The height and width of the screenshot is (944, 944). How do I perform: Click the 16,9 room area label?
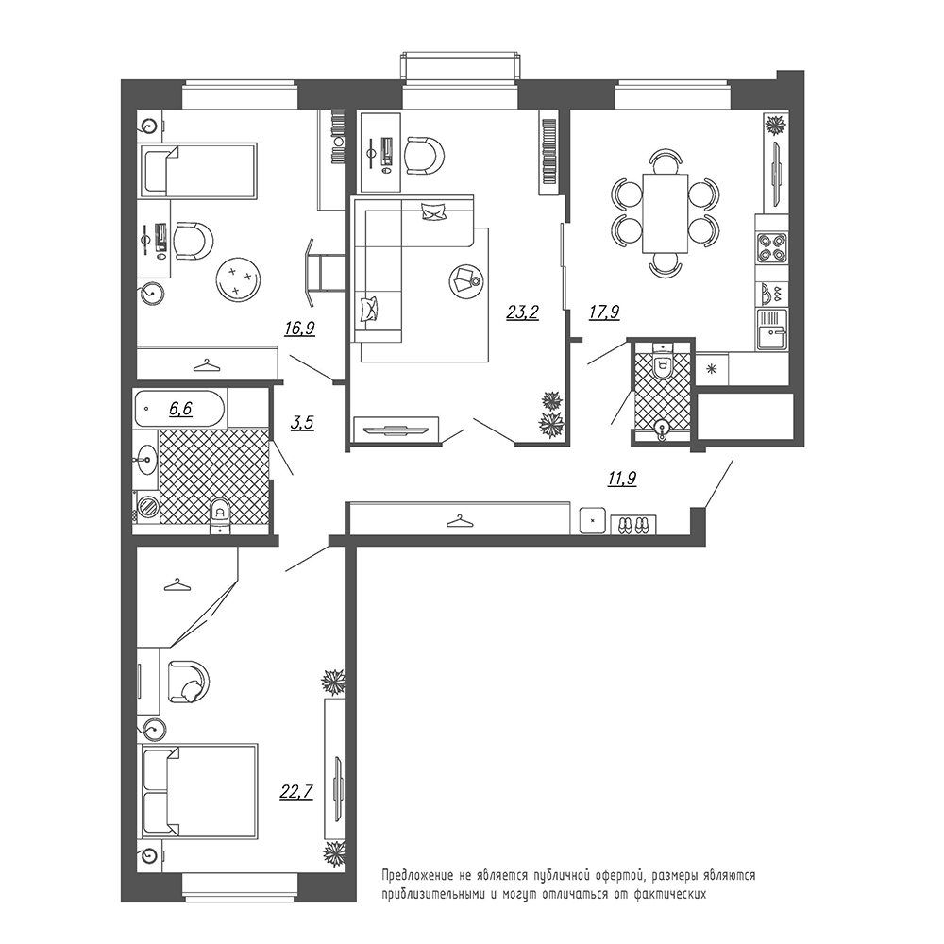point(300,329)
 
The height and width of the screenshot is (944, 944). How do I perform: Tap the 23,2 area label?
point(522,312)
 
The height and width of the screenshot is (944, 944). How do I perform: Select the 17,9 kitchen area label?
point(604,312)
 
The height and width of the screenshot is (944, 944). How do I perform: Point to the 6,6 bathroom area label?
point(180,410)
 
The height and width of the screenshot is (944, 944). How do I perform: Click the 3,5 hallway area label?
point(302,423)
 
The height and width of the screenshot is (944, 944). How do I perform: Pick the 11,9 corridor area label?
point(622,479)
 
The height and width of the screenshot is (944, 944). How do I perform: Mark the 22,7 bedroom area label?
point(296,791)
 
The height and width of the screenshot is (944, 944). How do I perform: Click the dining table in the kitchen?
point(666,213)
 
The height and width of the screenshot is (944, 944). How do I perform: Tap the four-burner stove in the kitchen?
point(772,247)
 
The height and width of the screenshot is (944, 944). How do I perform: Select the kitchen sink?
point(772,329)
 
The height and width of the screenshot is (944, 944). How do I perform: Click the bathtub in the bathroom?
point(180,409)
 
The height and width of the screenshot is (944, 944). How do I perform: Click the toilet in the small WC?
point(663,363)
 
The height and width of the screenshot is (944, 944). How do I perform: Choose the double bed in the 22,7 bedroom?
point(200,791)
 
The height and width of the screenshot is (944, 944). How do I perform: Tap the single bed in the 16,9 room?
point(199,170)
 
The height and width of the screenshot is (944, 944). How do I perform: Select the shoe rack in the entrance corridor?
point(633,524)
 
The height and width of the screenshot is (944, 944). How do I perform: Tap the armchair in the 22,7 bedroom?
point(188,683)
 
